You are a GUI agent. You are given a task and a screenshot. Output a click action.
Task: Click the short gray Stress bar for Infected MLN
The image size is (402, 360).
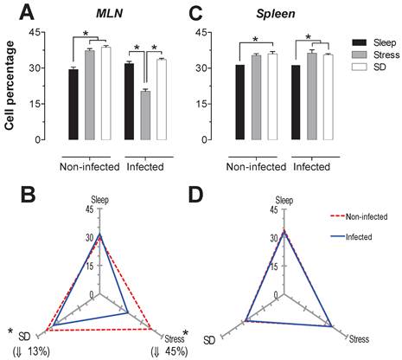[144, 115]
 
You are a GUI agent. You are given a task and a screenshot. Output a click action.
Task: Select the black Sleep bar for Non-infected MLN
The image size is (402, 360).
[73, 104]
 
